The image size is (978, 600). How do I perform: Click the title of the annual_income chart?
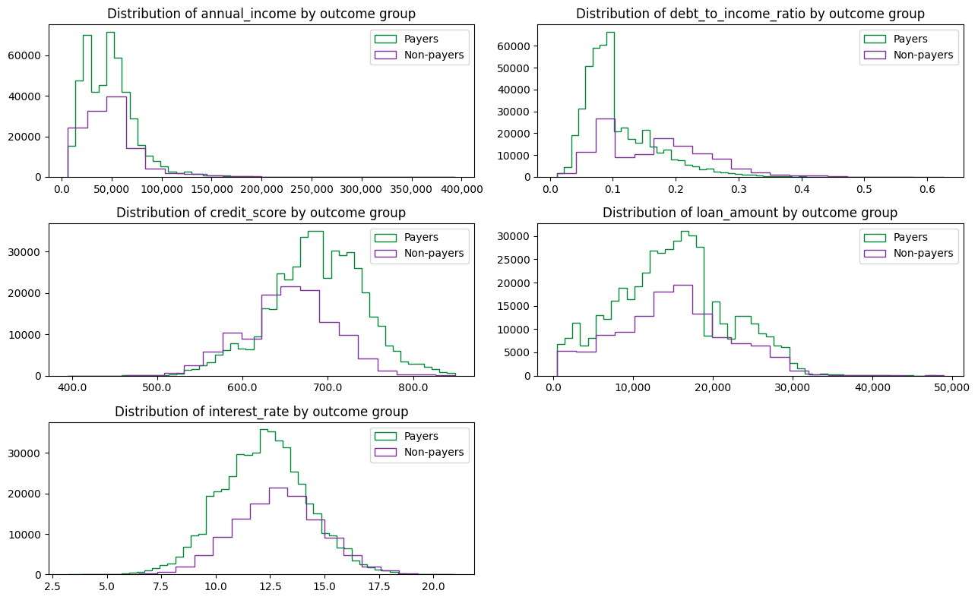(x=261, y=14)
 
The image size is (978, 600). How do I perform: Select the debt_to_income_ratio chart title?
(x=750, y=14)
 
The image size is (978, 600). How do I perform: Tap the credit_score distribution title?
(x=261, y=213)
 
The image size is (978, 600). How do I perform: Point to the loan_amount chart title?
(x=750, y=213)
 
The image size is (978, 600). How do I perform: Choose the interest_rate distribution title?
(x=261, y=412)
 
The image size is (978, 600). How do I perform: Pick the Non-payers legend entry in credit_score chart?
(x=434, y=253)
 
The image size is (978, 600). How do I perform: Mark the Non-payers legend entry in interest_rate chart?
(x=434, y=452)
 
